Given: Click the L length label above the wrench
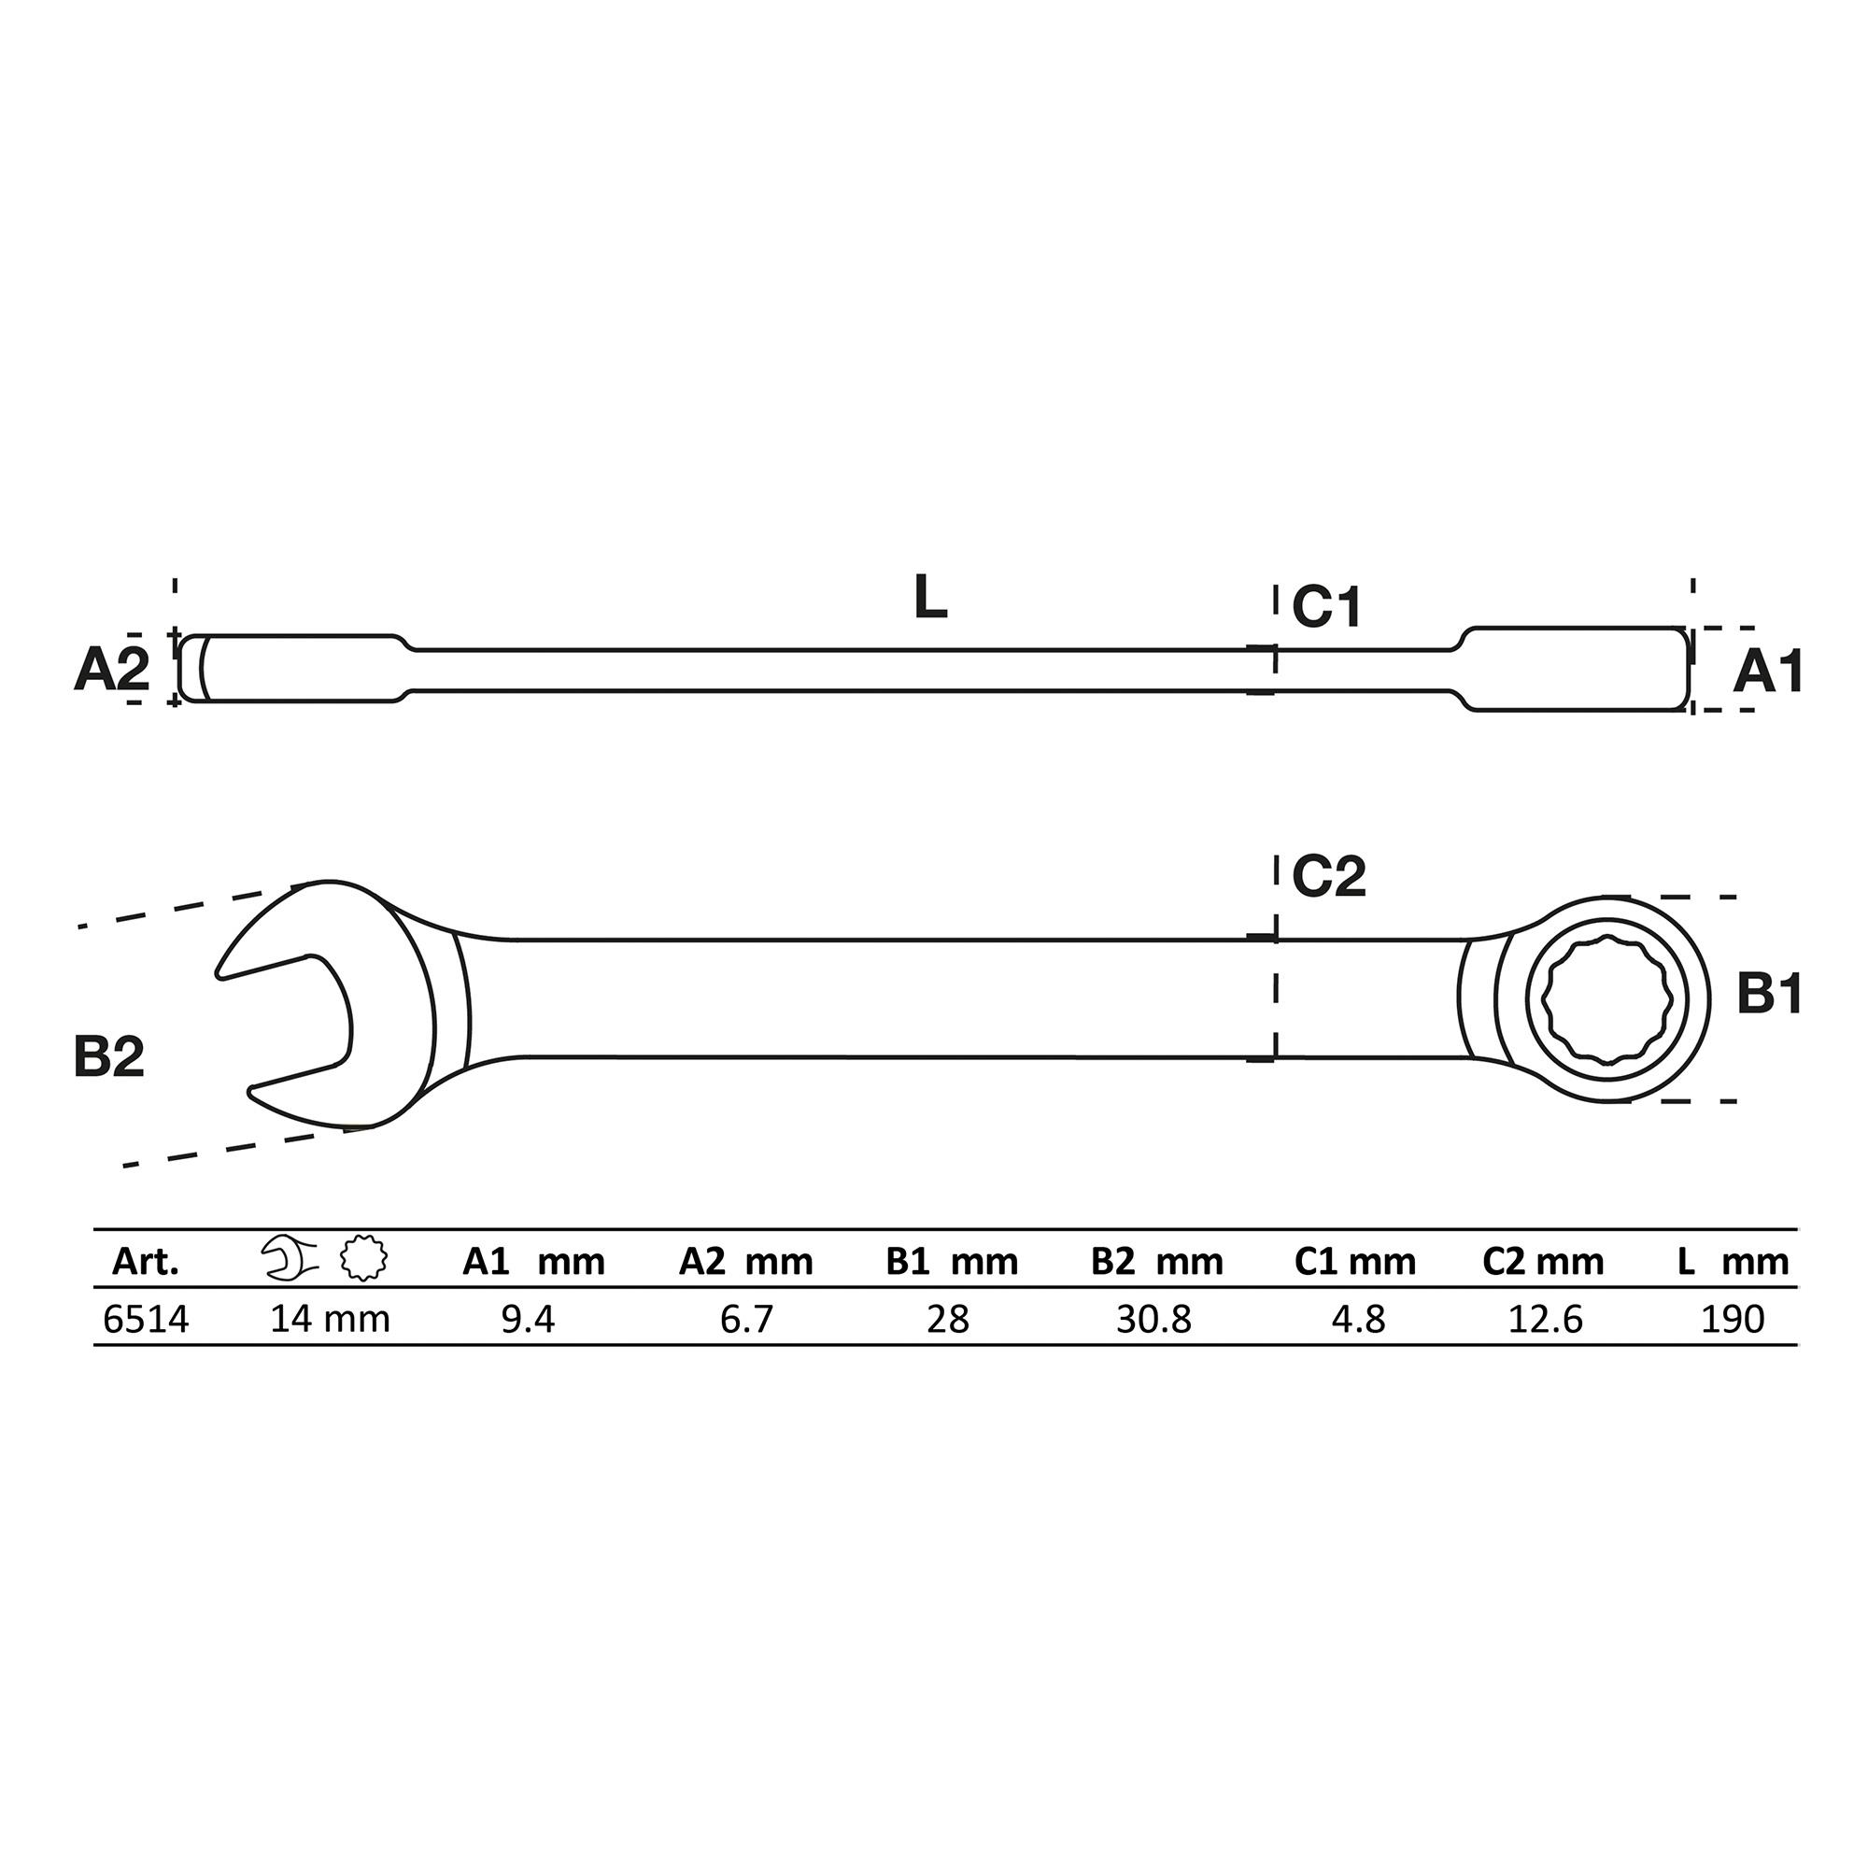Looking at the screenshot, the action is (x=930, y=598).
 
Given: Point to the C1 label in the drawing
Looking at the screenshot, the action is (x=1326, y=607).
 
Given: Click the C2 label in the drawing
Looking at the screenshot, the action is (x=1328, y=876).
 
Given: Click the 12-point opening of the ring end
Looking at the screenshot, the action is (x=1605, y=1000).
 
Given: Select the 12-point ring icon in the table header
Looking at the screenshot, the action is (x=364, y=1259).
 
